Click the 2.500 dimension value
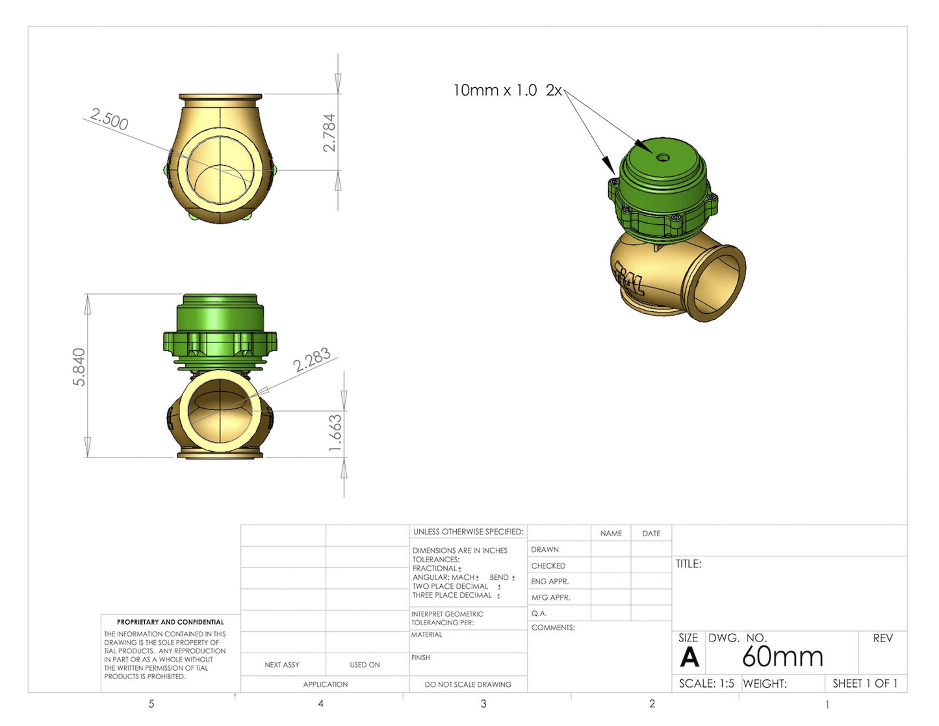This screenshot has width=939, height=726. pos(109,119)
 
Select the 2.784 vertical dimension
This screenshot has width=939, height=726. pos(329,133)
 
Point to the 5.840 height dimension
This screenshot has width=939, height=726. pos(79,367)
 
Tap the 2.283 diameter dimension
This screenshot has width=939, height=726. pos(312,360)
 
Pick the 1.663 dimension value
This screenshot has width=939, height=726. pos(335,433)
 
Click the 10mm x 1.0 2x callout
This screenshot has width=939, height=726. pos(507,90)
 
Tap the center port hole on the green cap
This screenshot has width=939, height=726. pos(662,157)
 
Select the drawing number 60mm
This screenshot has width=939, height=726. pos(782,656)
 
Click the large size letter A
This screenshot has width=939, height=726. pos(689,658)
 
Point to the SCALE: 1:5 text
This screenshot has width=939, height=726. pos(706,683)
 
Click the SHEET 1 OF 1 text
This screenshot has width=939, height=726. pos(864,683)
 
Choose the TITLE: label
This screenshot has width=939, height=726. pos(688,564)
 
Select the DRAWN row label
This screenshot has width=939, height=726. pos(545,549)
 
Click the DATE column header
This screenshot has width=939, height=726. pos(650,533)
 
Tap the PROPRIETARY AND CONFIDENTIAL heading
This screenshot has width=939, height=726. pos(170,622)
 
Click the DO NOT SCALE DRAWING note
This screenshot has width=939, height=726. pos(467,684)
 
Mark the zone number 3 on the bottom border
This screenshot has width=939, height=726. pos(483,704)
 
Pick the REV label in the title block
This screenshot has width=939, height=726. pos(882,638)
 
